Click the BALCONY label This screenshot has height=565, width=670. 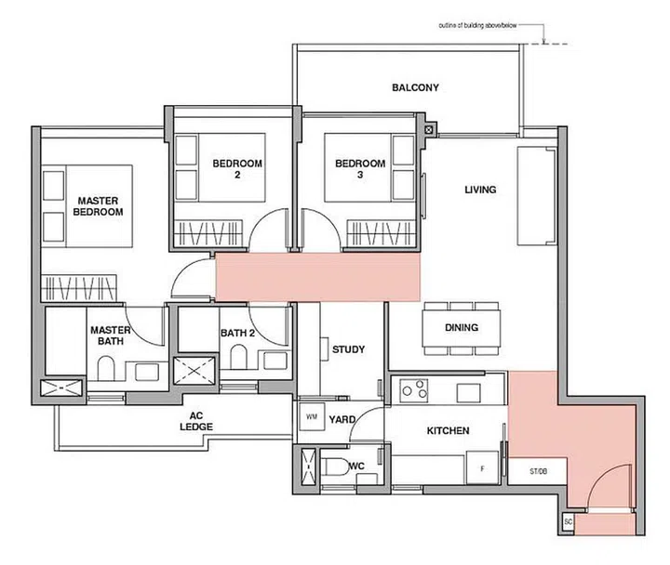pos(415,87)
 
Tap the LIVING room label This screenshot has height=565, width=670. pos(480,190)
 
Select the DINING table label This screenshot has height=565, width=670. pos(462,327)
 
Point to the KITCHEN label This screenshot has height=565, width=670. pos(448,430)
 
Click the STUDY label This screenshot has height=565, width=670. pos(349,349)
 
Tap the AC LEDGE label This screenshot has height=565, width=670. pos(196,421)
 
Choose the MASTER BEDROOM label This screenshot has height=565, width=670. pos(98,206)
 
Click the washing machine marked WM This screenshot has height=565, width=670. pos(312,416)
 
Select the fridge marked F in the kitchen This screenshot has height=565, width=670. pos(482,468)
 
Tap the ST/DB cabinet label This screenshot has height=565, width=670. pos(538,471)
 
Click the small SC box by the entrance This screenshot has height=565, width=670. pos(568,522)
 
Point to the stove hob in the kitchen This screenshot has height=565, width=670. pos(413,390)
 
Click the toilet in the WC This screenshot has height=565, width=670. pos(335,466)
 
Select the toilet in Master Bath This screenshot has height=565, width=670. pos(106,369)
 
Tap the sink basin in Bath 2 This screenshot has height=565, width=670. pos(275,361)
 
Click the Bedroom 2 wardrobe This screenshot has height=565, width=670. pos(208,233)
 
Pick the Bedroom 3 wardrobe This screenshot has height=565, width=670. pos(382,233)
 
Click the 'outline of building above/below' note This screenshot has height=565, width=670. pos(477,26)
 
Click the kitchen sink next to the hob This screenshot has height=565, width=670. pos(468,392)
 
